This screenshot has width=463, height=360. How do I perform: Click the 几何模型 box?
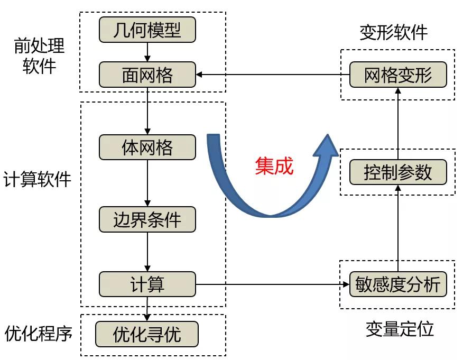[147, 30]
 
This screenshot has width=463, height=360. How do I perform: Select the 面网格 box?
[147, 75]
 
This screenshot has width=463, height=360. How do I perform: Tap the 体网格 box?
[147, 147]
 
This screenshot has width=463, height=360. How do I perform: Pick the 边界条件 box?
[147, 219]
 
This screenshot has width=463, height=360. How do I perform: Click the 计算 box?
[147, 284]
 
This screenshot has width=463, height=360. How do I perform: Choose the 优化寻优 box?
[147, 334]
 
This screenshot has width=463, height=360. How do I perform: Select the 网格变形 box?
[398, 75]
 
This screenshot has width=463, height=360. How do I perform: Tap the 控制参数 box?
[398, 172]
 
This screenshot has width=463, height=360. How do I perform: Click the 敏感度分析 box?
[398, 284]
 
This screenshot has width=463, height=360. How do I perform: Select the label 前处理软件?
[39, 56]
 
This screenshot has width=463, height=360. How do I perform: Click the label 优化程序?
[38, 334]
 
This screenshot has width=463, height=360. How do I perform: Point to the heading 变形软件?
[394, 33]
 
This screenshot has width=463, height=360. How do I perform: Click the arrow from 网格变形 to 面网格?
[273, 75]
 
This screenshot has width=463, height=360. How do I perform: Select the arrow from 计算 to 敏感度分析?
[273, 284]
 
